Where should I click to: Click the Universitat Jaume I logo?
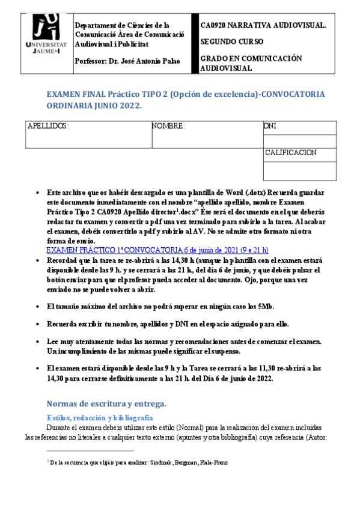pos(43,35)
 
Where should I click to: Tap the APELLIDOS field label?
pos(49,127)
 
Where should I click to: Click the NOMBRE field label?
pos(168,127)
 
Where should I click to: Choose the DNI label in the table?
pos(270,126)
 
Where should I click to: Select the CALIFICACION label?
pos(291,153)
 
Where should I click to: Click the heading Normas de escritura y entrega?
pos(106,403)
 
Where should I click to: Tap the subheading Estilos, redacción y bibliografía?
pos(100,417)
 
